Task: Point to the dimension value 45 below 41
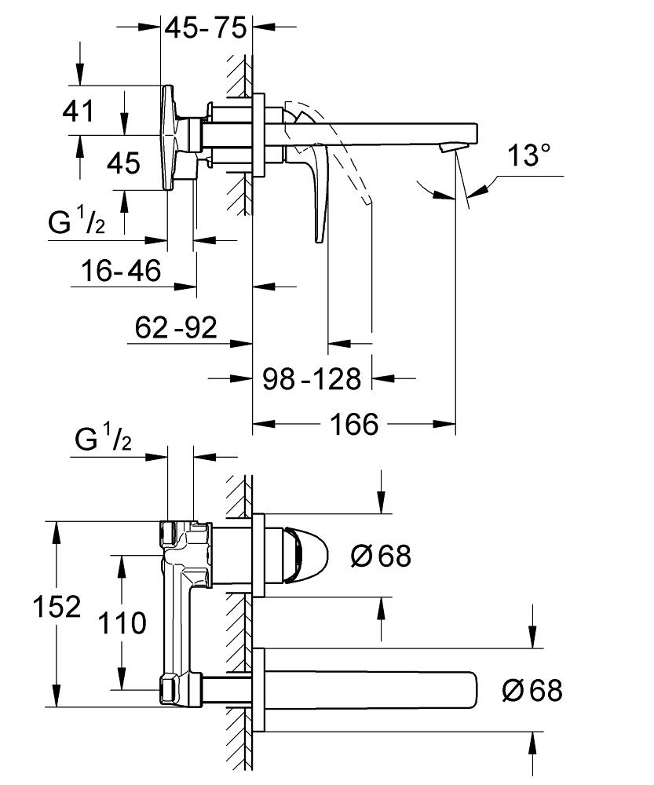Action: tap(123, 163)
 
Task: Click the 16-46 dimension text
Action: tap(121, 271)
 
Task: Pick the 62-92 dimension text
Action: tap(175, 327)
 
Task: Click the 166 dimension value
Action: tap(353, 425)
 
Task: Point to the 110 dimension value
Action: tap(122, 623)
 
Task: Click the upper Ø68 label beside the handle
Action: tap(381, 557)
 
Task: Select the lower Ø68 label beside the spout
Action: tap(532, 691)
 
